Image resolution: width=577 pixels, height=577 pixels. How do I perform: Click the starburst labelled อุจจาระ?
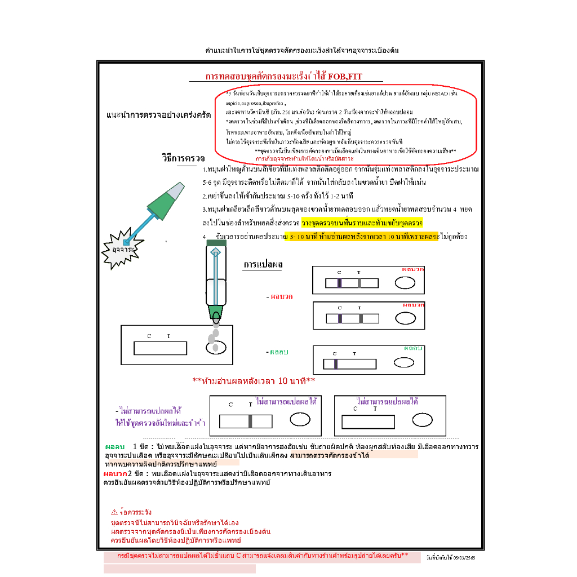tap(122, 248)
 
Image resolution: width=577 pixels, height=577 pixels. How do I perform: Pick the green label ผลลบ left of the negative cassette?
tap(279, 352)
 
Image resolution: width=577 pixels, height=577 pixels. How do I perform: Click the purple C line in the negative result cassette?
tap(336, 364)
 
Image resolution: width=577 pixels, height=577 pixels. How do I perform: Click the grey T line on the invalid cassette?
tap(250, 421)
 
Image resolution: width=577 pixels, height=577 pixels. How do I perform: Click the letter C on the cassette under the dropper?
tap(149, 336)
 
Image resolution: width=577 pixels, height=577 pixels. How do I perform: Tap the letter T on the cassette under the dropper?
tap(168, 336)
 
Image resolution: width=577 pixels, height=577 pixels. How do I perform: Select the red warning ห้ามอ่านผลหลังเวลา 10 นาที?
tap(254, 381)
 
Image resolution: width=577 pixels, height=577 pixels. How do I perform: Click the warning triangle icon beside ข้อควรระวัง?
tap(114, 512)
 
